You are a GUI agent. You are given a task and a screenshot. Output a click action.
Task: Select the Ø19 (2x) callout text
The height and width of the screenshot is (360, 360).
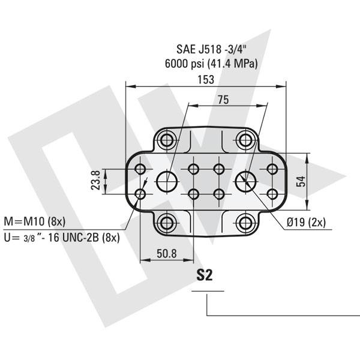pyautogui.click(x=306, y=222)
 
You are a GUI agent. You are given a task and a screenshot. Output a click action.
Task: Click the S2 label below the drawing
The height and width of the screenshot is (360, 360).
pyautogui.click(x=206, y=276)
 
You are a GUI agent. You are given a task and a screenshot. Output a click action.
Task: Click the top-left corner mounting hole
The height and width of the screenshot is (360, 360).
pyautogui.click(x=167, y=140)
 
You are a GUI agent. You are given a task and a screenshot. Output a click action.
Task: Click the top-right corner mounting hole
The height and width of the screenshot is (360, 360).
pyautogui.click(x=245, y=140)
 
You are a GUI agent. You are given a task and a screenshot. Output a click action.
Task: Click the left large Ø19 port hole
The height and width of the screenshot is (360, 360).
pyautogui.click(x=167, y=181)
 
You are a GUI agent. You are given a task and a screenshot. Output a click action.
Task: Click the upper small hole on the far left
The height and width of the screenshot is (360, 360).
pyautogui.click(x=141, y=169)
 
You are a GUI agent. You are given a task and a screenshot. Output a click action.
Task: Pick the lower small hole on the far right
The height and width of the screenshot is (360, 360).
pyautogui.click(x=271, y=194)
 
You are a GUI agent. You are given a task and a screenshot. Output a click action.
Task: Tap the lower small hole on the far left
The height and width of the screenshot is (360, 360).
pyautogui.click(x=141, y=194)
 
